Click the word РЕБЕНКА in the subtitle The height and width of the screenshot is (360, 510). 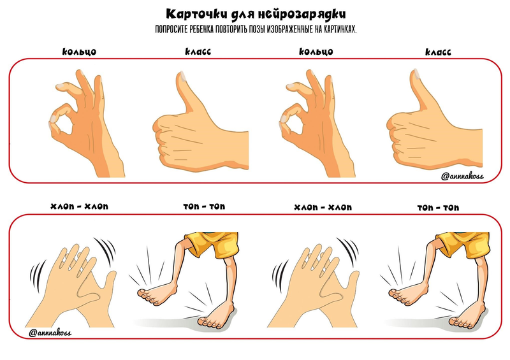click(201, 29)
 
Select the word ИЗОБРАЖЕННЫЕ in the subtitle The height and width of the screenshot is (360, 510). click(290, 29)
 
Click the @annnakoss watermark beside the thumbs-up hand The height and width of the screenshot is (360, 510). click(462, 176)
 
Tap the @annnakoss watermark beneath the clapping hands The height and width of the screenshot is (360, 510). click(50, 333)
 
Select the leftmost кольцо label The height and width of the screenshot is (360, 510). click(79, 52)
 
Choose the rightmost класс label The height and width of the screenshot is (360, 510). click(438, 52)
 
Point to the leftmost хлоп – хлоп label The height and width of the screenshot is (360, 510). click(79, 206)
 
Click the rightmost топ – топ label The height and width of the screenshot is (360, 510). click(438, 208)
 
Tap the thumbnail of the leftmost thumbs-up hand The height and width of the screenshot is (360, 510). click(183, 76)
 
